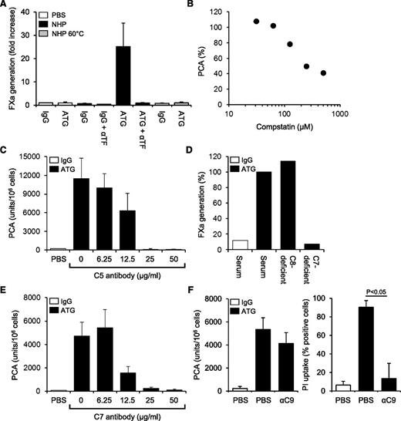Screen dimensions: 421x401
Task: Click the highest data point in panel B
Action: tap(257, 21)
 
